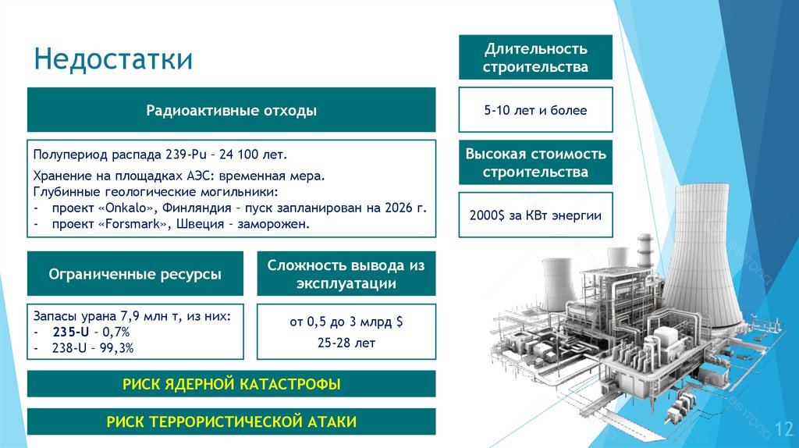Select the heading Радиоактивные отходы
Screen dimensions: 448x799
click(232, 110)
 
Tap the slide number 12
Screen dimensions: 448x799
click(783, 428)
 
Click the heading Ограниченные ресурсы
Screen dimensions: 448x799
click(135, 274)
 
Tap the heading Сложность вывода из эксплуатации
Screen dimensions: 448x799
click(346, 274)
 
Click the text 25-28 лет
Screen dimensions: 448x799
click(346, 342)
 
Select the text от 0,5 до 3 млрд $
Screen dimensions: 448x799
click(346, 322)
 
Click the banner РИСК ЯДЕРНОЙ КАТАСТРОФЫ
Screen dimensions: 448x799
click(232, 384)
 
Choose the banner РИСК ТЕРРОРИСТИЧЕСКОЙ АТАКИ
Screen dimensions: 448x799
click(232, 421)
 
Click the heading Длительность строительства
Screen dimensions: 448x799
click(535, 58)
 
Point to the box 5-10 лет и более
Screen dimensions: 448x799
click(535, 110)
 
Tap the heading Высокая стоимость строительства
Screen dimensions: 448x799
click(535, 163)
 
